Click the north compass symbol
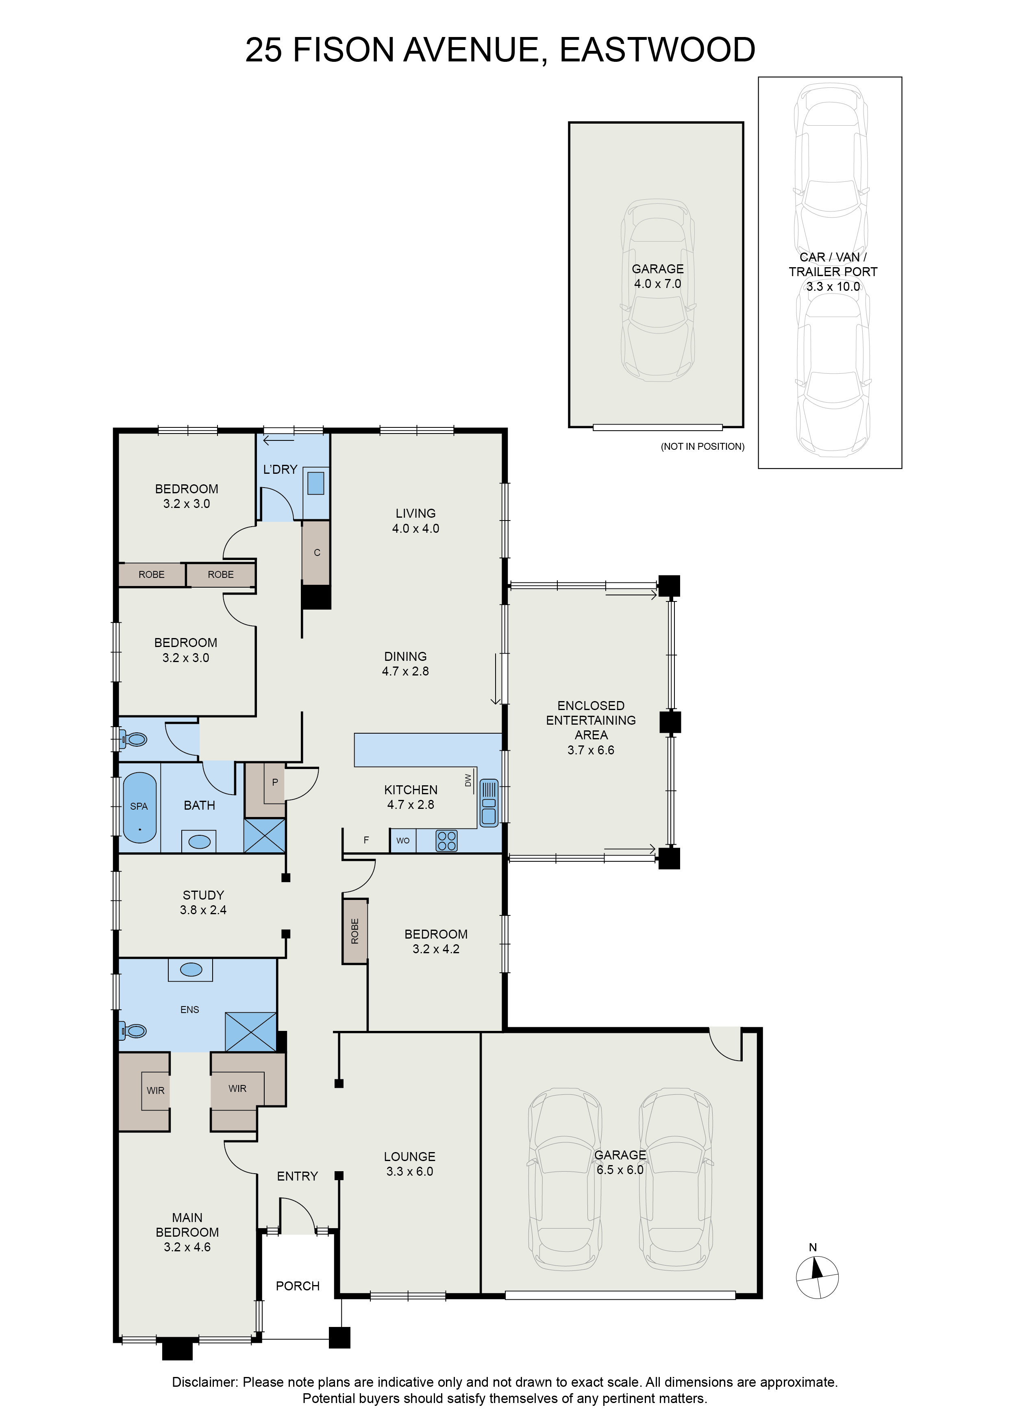[817, 1277]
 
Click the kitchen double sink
[489, 803]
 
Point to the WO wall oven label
[402, 841]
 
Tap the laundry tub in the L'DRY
[315, 483]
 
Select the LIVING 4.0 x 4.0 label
[415, 521]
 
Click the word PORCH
[298, 1286]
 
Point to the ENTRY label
[298, 1176]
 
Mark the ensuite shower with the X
[251, 1033]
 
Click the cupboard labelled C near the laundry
[316, 553]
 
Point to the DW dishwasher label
[468, 781]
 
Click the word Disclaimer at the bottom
[205, 1383]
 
